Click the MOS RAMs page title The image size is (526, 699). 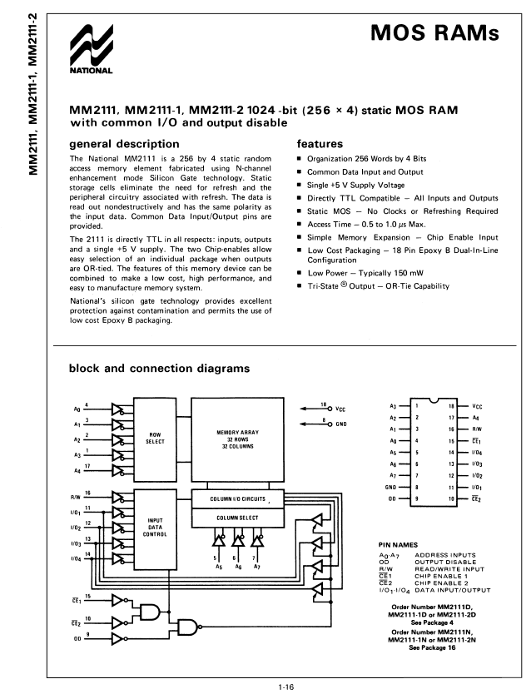click(x=434, y=32)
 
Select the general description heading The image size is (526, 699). click(x=124, y=144)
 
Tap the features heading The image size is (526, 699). click(x=320, y=143)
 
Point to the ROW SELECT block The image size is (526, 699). click(x=155, y=439)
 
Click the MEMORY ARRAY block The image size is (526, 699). click(x=237, y=439)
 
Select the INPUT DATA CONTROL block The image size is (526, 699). click(x=155, y=529)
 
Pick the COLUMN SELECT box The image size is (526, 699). click(x=237, y=518)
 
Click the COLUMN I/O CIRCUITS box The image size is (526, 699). click(x=237, y=498)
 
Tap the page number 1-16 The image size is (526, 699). click(x=285, y=687)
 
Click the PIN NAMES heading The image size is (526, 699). click(x=398, y=545)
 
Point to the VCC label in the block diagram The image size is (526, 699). click(x=340, y=409)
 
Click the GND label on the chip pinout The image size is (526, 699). click(x=390, y=488)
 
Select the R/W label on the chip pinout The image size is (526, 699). click(x=477, y=429)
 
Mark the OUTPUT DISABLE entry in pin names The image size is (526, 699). click(x=445, y=563)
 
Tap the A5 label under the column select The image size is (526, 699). click(x=219, y=567)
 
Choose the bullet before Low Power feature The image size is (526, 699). click(x=300, y=273)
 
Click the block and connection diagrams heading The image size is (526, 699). click(x=159, y=368)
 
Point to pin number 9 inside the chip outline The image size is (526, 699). click(x=417, y=498)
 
